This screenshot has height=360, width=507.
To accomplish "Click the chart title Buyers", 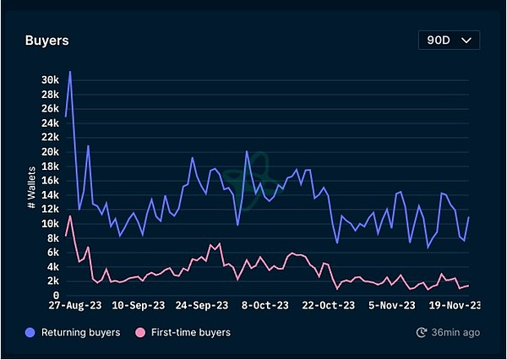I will (46, 40).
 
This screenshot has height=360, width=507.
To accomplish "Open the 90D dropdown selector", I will (449, 40).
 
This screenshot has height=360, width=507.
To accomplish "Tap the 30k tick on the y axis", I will (50, 79).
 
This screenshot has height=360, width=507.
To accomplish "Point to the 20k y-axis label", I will (50, 151).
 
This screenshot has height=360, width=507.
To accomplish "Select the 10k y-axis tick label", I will (50, 224).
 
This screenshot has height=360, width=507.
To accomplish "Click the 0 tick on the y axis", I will (55, 296).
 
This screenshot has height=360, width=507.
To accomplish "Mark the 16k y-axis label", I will (50, 180).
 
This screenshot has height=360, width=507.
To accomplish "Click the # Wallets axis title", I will (30, 188).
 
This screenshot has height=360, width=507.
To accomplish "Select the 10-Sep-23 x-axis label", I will (138, 306).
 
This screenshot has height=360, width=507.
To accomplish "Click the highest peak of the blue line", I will (70, 72).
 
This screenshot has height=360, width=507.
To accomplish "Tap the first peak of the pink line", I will (70, 216).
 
